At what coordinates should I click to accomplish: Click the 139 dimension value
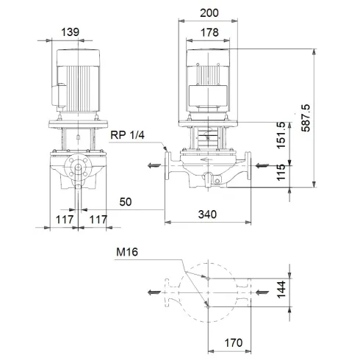coord(71,33)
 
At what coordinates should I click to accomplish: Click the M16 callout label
coord(127,252)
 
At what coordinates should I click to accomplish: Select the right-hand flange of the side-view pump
coord(250,166)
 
